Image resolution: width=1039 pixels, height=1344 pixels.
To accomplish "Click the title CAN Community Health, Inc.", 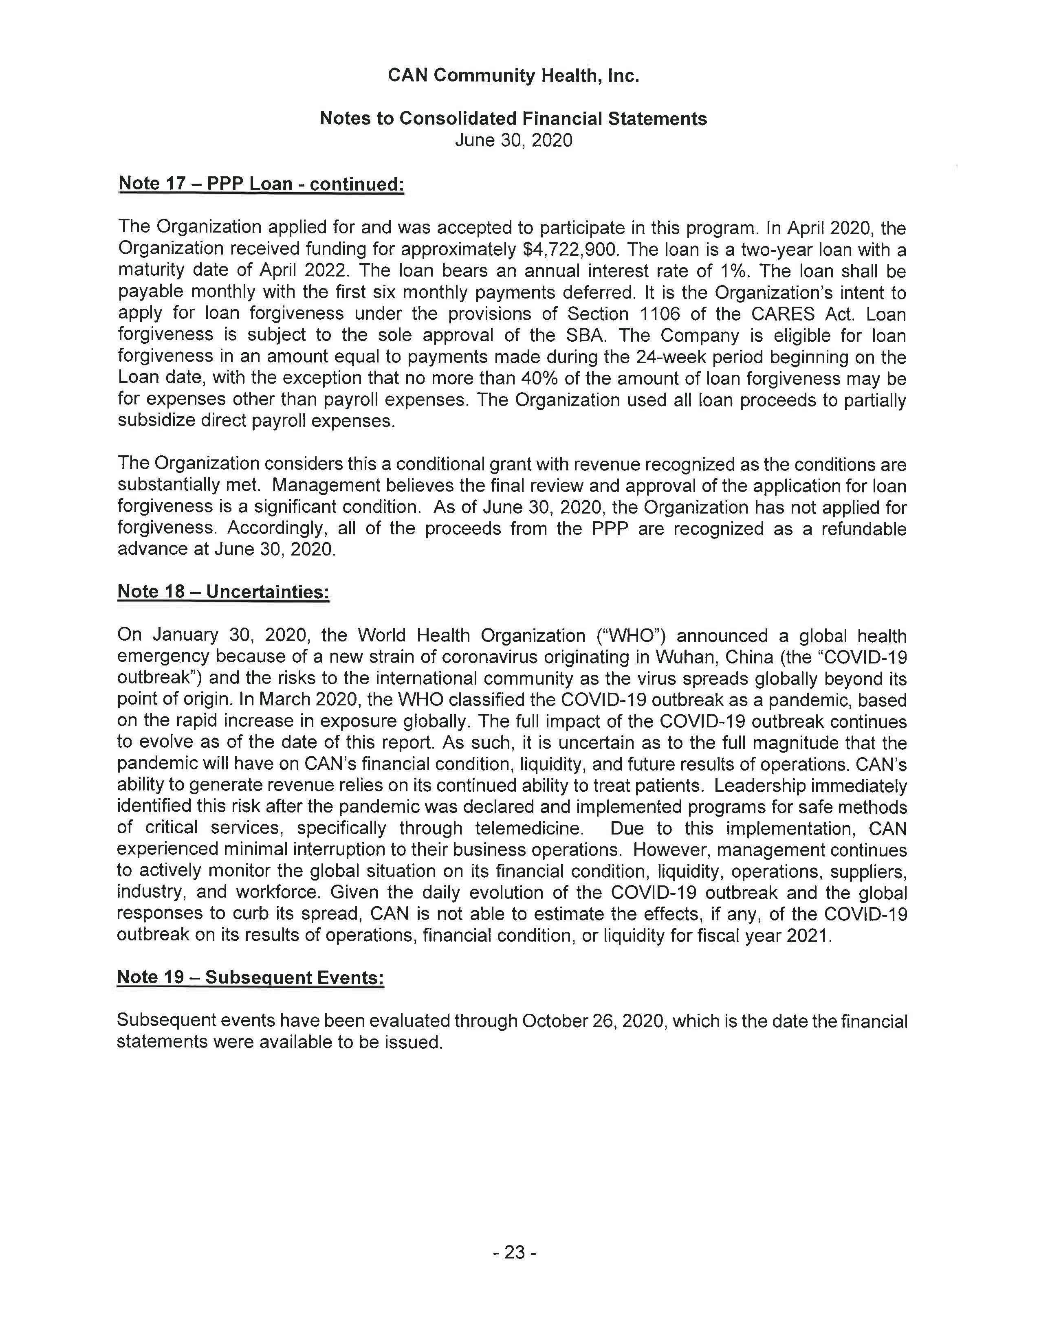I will (x=513, y=76).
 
